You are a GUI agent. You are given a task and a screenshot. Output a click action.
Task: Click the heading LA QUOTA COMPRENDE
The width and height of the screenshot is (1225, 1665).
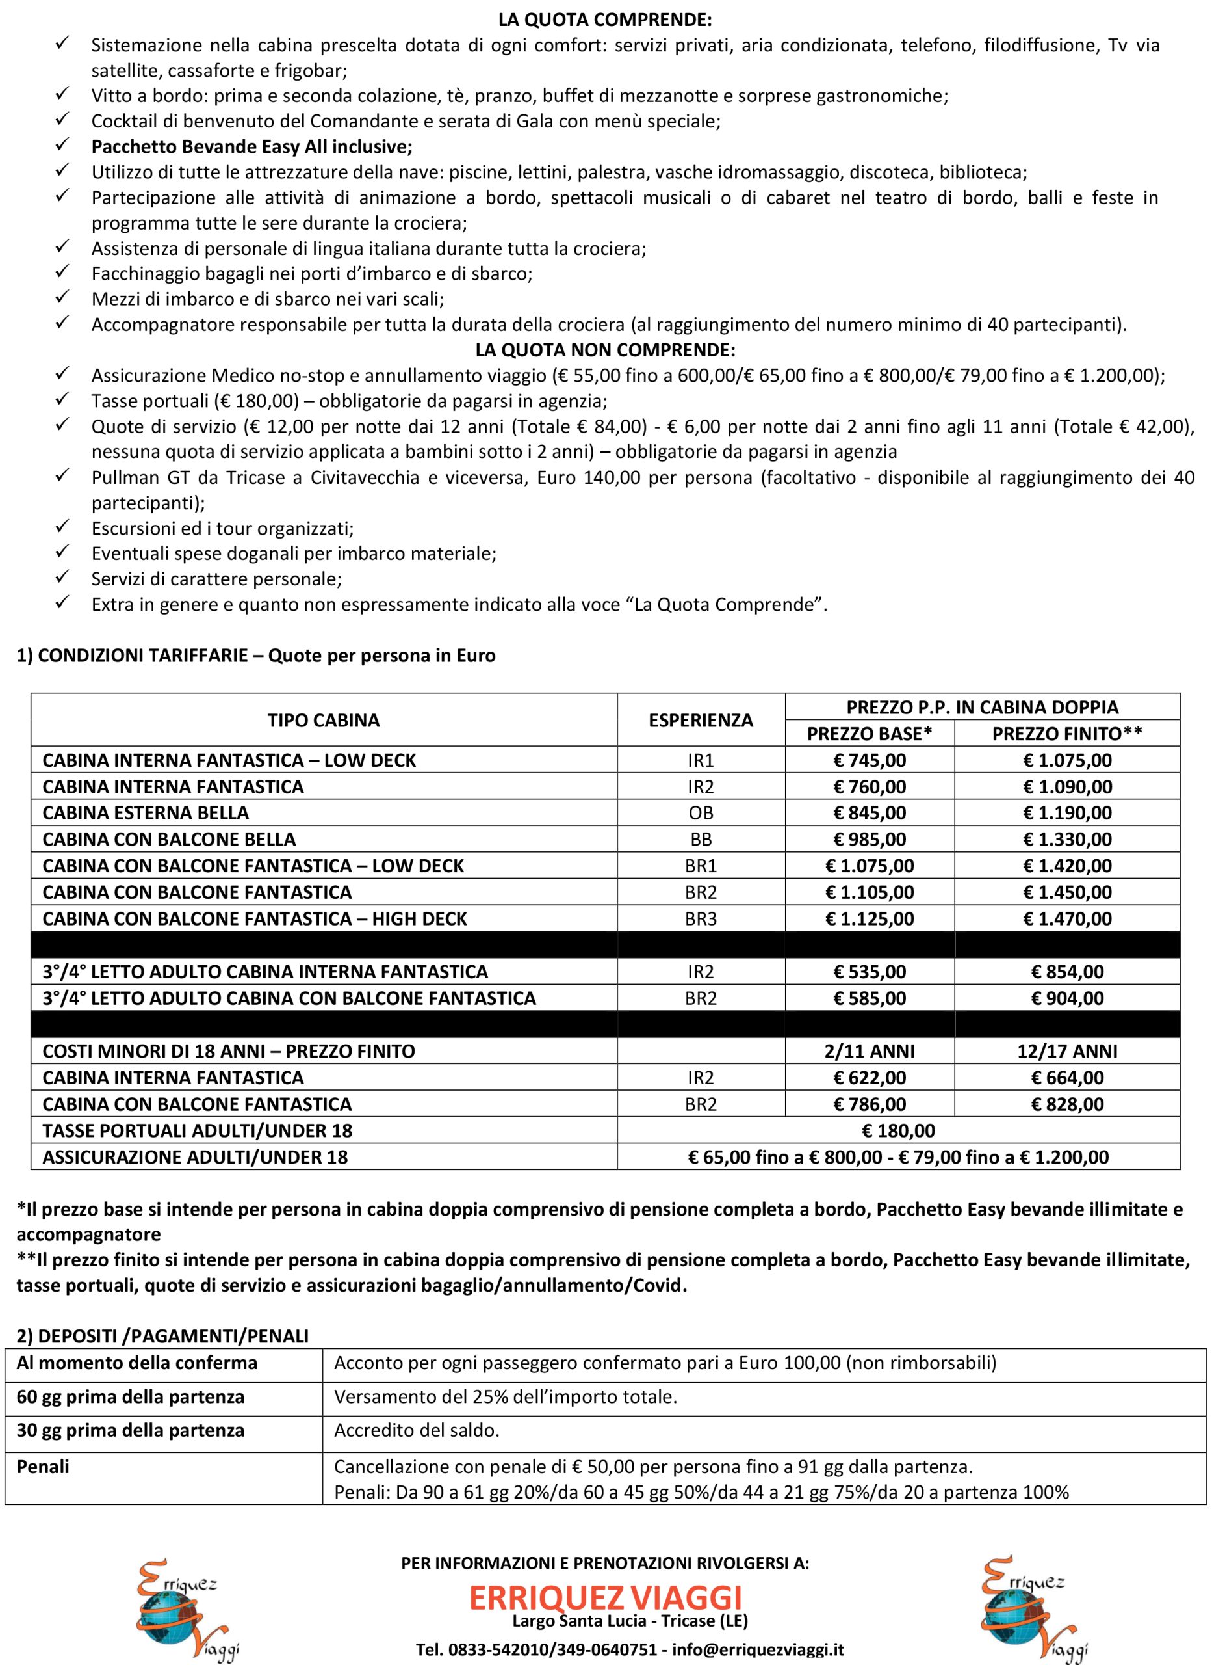click(x=605, y=20)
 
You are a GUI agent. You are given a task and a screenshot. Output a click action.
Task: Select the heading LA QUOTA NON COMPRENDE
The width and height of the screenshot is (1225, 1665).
click(x=605, y=349)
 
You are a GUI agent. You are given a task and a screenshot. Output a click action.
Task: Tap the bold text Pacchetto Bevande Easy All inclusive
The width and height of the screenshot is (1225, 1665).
click(x=252, y=146)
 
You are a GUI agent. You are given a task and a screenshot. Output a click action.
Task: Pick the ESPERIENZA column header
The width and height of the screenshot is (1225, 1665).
click(x=701, y=720)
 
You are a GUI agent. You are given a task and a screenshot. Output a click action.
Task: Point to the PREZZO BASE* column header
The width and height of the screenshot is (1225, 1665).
click(x=869, y=733)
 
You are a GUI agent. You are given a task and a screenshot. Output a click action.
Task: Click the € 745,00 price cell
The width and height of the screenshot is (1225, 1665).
click(x=869, y=760)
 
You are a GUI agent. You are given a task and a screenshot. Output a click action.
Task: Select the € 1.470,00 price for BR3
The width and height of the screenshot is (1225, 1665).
click(x=1067, y=918)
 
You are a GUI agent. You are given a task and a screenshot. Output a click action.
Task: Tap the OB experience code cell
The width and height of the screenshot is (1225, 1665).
click(x=701, y=812)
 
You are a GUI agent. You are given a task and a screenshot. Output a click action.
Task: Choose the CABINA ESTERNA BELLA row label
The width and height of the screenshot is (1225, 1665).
click(x=146, y=812)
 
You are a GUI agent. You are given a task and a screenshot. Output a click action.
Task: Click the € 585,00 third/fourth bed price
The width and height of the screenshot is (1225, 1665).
click(x=869, y=998)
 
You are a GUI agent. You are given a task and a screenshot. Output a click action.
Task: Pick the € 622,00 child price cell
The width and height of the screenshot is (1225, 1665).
click(x=869, y=1077)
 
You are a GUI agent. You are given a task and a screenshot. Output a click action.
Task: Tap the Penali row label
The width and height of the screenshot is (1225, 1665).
click(x=43, y=1466)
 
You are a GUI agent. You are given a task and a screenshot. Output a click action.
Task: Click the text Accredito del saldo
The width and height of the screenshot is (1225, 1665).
click(x=417, y=1430)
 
